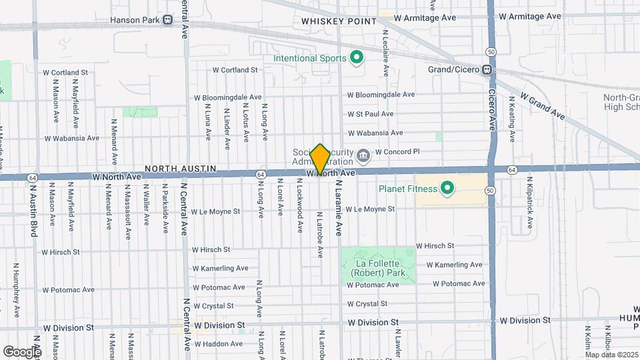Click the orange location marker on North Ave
(320, 159)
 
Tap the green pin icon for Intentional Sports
(356, 58)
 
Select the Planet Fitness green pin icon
(446, 189)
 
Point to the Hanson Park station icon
(167, 20)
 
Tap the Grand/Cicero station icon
(487, 69)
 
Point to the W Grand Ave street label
(543, 105)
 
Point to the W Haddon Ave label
(217, 344)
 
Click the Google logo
(22, 351)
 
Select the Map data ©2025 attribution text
(611, 354)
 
